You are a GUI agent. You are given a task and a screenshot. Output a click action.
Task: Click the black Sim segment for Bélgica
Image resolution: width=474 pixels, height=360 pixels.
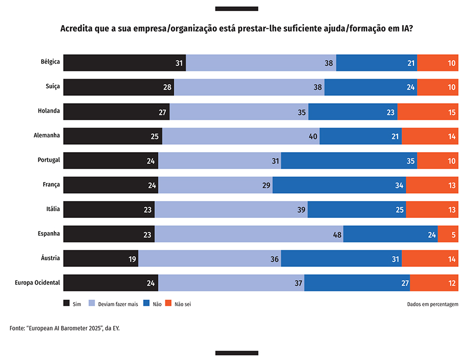click(x=124, y=63)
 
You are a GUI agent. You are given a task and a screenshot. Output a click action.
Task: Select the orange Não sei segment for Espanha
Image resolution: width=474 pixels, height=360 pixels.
click(x=448, y=234)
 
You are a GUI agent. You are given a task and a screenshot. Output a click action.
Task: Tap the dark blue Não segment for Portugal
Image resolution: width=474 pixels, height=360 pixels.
click(x=349, y=161)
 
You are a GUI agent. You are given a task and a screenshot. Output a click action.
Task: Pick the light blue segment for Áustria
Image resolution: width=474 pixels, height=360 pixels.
click(x=209, y=258)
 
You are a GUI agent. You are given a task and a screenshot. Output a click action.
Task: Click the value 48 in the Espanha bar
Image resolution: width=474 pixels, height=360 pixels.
click(x=338, y=234)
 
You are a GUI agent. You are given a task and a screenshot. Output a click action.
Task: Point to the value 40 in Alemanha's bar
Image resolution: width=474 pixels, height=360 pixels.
click(x=313, y=136)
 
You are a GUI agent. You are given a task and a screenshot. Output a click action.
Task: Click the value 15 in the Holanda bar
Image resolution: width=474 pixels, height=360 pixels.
click(x=451, y=112)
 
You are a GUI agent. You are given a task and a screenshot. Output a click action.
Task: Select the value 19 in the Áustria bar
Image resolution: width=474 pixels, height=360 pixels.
click(x=132, y=258)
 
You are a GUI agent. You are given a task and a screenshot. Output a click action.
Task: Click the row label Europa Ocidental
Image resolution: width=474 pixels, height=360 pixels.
click(x=38, y=283)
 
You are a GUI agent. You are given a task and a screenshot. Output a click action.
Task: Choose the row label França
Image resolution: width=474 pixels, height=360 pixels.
click(x=51, y=185)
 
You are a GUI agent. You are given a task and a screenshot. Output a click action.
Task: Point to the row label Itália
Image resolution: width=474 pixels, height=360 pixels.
click(x=53, y=209)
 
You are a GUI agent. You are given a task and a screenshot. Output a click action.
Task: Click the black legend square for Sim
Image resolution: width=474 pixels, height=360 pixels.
click(x=66, y=303)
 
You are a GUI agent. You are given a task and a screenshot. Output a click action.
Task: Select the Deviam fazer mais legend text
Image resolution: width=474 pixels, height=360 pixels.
click(x=117, y=304)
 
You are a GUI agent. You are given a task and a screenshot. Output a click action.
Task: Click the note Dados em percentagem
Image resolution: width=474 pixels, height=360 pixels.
click(x=432, y=304)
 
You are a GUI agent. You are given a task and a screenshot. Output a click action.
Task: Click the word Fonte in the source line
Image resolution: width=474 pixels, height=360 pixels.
click(x=18, y=328)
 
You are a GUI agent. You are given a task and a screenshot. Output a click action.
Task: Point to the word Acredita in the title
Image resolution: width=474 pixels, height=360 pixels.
click(x=77, y=28)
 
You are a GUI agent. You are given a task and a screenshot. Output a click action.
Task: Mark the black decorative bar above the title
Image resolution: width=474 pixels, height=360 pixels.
click(x=236, y=8)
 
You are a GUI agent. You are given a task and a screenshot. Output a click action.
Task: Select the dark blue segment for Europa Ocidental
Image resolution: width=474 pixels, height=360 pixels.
click(x=357, y=283)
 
